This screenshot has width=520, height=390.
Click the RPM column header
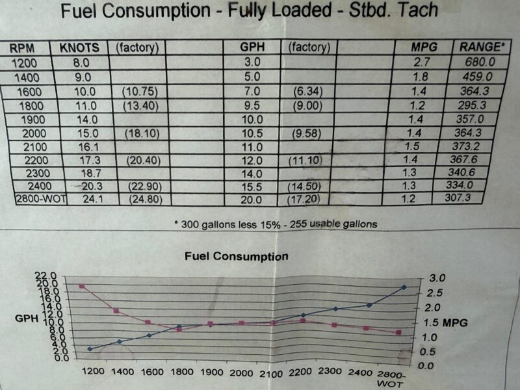click(22, 48)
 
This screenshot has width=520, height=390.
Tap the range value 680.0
click(480, 62)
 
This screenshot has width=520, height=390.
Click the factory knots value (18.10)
click(142, 134)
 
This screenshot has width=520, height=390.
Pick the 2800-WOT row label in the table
click(42, 199)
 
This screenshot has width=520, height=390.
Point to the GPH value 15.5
click(252, 187)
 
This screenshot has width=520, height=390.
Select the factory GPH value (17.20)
click(304, 200)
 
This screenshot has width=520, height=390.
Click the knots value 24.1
click(92, 199)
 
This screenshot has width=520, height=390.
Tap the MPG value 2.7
click(421, 62)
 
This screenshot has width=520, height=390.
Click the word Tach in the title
click(417, 10)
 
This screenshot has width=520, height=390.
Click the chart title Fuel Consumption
click(237, 256)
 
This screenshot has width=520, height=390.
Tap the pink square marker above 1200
click(82, 286)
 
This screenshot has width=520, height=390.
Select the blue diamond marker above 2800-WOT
click(404, 287)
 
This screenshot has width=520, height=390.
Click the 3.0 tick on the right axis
click(437, 278)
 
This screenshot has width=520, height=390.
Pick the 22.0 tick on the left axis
click(48, 276)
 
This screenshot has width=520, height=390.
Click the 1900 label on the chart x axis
click(212, 372)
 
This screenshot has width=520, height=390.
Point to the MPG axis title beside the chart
click(455, 322)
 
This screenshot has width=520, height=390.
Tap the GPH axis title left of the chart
click(27, 318)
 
